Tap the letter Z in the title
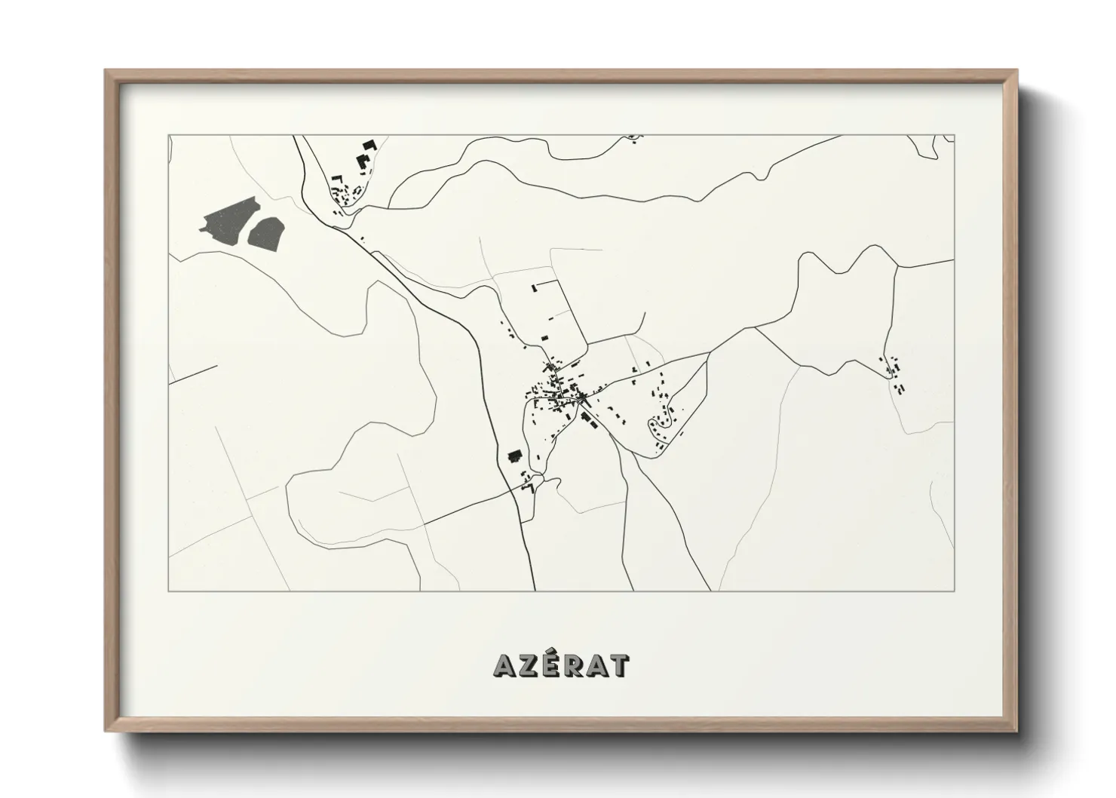point(528,665)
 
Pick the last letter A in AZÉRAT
point(597,665)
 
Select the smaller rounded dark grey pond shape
point(266,232)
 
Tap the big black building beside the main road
point(516,456)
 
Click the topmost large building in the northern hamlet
point(369,145)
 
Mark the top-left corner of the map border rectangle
point(168,136)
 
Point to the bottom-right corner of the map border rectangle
point(955,591)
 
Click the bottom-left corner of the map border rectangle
point(168,591)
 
